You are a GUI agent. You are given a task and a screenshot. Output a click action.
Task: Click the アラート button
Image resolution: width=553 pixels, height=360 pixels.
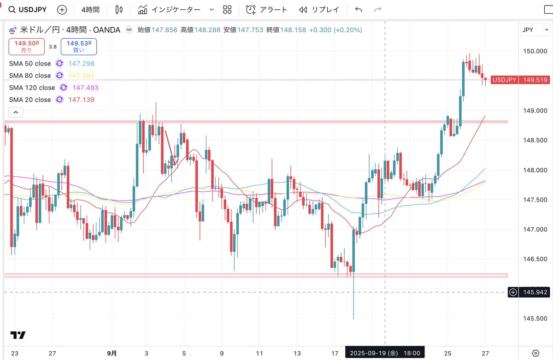tap(267, 10)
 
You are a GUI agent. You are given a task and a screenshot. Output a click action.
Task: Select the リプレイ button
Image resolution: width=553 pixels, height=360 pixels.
tap(319, 10)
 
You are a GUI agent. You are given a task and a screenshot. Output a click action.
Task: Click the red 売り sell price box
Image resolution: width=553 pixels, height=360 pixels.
tap(26, 46)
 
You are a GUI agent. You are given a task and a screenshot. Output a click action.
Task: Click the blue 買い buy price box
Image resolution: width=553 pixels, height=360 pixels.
tap(78, 46)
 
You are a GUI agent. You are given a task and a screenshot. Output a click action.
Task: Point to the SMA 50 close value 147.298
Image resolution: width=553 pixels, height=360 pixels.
tap(81, 64)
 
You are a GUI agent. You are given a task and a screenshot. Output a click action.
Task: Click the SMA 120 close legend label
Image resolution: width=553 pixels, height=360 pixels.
tap(32, 88)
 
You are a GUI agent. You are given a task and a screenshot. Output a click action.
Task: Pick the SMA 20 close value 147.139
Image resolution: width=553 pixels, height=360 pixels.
tap(81, 100)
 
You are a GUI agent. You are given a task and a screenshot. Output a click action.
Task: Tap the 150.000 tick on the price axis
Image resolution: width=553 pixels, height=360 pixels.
tap(535, 51)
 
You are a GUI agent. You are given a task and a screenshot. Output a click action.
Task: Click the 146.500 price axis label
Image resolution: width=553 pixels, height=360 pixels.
tap(535, 259)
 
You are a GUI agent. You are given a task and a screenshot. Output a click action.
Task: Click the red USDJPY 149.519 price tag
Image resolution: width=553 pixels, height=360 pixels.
tap(520, 80)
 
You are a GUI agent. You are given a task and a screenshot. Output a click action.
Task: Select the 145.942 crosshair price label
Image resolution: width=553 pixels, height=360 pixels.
tap(535, 292)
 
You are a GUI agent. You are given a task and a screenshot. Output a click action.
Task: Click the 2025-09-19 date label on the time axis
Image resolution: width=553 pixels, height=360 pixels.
tap(384, 353)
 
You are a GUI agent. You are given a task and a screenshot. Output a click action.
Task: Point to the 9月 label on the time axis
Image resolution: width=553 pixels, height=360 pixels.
tap(111, 353)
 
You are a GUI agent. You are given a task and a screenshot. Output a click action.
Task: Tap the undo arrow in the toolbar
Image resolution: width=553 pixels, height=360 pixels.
tap(359, 10)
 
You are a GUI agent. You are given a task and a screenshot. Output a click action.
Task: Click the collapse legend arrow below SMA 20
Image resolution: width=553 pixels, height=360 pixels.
tap(16, 112)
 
